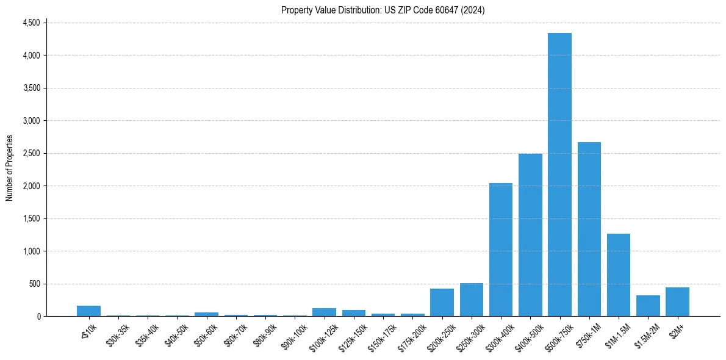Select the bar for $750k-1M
coord(589,229)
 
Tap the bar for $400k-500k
coord(530,235)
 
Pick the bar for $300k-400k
coord(501,250)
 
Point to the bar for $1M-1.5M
coord(618,275)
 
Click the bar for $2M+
coord(677,302)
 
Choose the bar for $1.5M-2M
coord(648,306)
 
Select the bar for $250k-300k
coord(472,300)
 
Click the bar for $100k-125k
coord(324,312)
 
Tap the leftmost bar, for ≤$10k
coord(88,311)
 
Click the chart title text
coord(383,10)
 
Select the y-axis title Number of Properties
coord(10,168)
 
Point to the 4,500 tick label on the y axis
coord(31,23)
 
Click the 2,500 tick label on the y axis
coord(31,153)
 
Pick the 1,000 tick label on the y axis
coord(31,251)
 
